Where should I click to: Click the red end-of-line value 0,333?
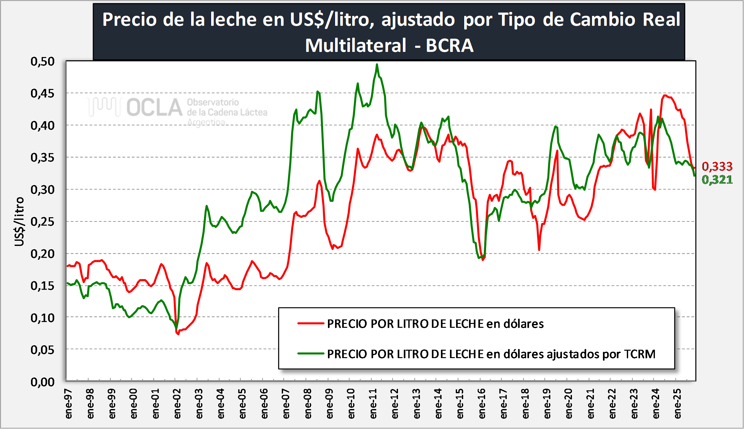point(717,166)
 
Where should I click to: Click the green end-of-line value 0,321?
point(717,180)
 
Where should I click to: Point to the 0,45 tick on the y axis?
point(43,93)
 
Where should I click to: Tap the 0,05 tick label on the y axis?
point(43,350)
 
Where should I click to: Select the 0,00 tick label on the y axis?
point(43,382)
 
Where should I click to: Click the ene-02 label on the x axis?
point(177,404)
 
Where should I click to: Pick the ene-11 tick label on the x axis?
point(373,404)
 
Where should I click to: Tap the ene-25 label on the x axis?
point(678,404)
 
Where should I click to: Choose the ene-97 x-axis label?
point(68,404)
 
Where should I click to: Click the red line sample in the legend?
point(311,323)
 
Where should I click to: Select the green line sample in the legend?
point(311,354)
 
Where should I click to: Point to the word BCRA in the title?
point(449,45)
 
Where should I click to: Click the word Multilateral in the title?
point(355,45)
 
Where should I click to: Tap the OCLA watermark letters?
point(154,107)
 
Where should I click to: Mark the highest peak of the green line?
point(377,64)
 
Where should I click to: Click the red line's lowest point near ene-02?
point(178,334)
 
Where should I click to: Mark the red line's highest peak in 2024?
point(665,95)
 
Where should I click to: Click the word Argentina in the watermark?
point(206,122)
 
